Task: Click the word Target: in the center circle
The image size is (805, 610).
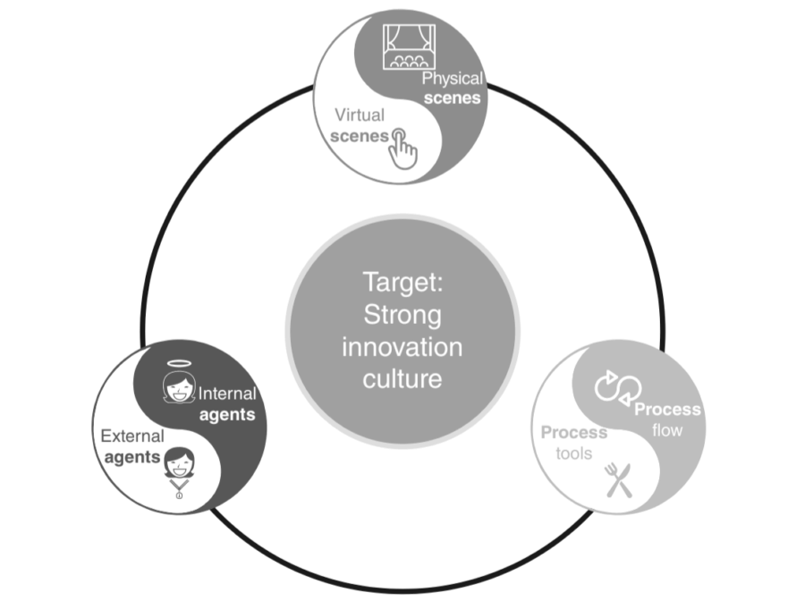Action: (402, 283)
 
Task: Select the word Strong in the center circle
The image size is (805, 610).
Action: (402, 315)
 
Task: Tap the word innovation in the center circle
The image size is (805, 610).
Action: (402, 346)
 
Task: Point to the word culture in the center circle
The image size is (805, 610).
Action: (402, 377)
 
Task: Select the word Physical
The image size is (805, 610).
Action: (452, 79)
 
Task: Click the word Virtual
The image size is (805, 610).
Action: (360, 115)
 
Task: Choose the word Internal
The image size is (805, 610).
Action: (226, 394)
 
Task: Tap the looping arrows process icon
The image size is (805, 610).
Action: (614, 386)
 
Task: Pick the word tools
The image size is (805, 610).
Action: (573, 453)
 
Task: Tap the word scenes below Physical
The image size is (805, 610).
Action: (453, 98)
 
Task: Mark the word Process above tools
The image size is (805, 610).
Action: (574, 433)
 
